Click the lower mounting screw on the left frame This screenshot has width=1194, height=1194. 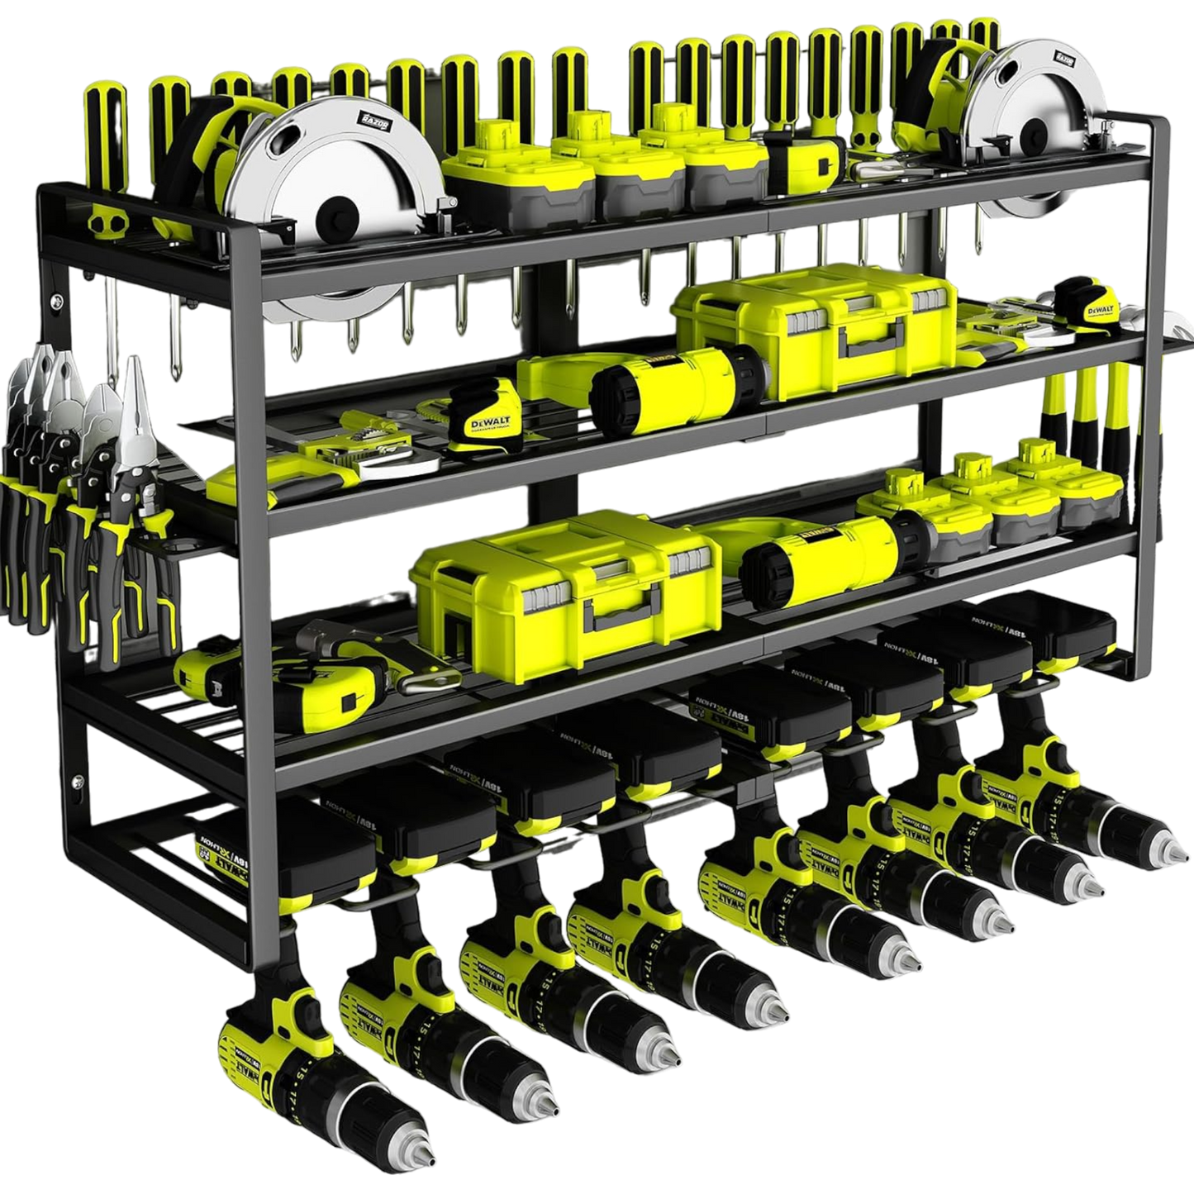point(77,780)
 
